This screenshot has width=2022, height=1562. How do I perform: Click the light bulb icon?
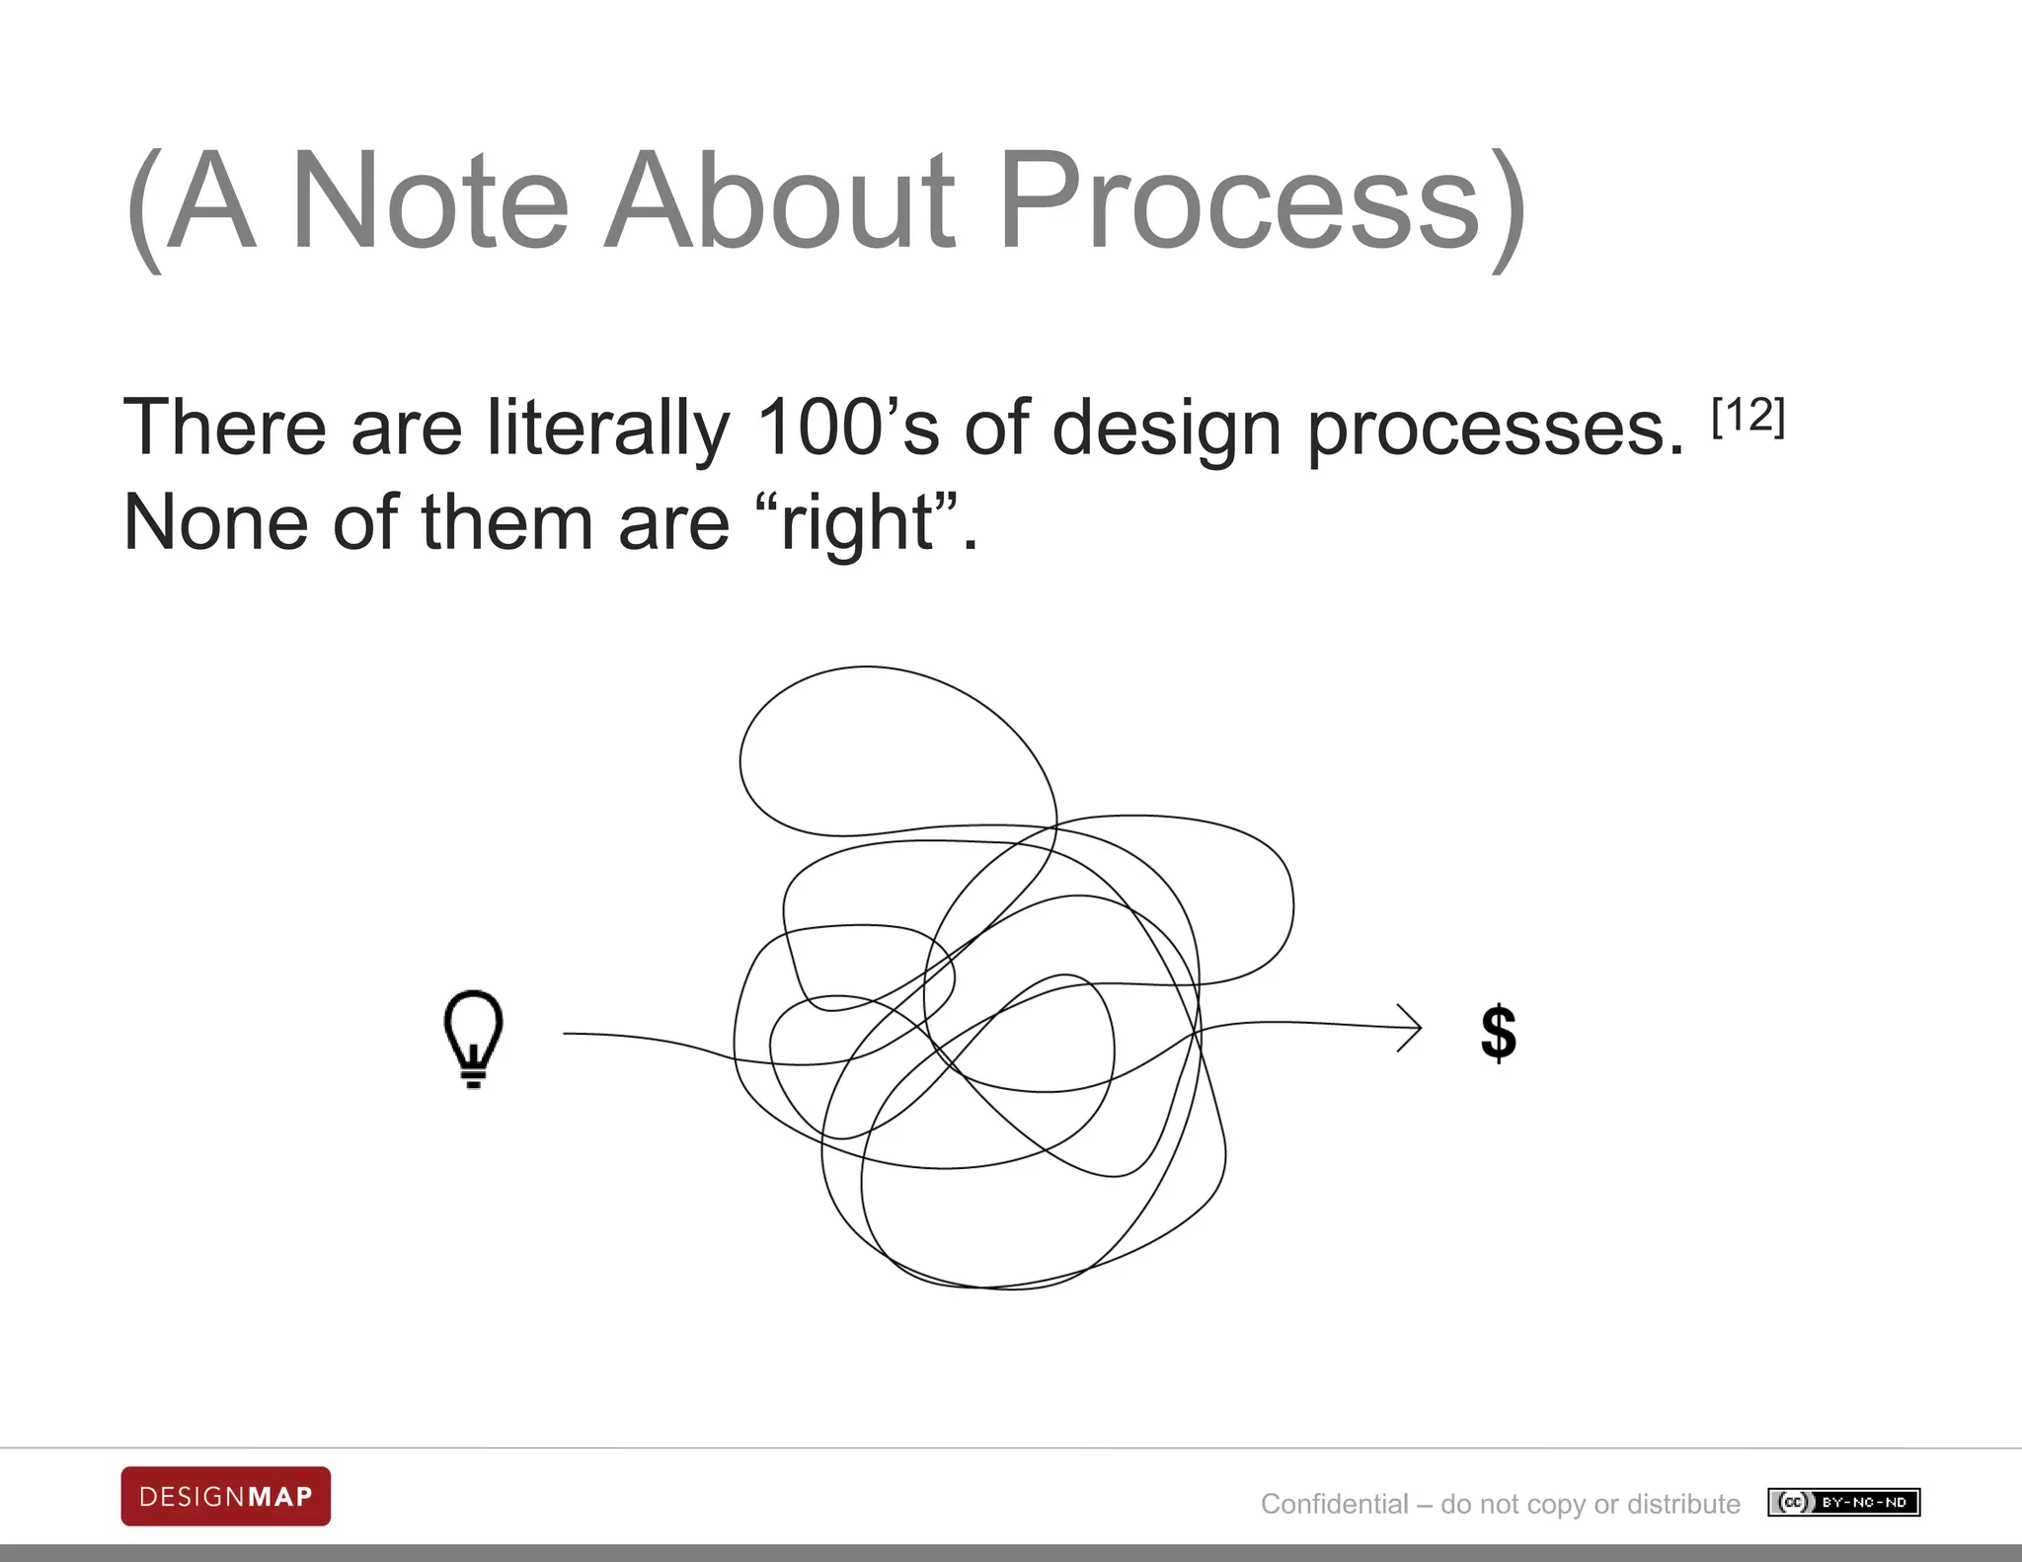[474, 1038]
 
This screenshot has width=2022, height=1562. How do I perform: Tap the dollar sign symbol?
[1499, 1033]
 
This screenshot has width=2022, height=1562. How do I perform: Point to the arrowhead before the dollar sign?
[1411, 1028]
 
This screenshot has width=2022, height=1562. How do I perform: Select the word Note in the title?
[430, 202]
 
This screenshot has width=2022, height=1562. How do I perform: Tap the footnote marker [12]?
[1749, 417]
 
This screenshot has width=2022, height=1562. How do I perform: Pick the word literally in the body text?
[608, 428]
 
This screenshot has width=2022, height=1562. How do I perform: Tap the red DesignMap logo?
[226, 1496]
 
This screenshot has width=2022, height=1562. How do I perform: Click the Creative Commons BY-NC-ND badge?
[1843, 1503]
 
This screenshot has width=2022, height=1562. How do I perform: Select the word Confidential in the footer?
[1334, 1504]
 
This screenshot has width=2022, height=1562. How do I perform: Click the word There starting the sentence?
[224, 428]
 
